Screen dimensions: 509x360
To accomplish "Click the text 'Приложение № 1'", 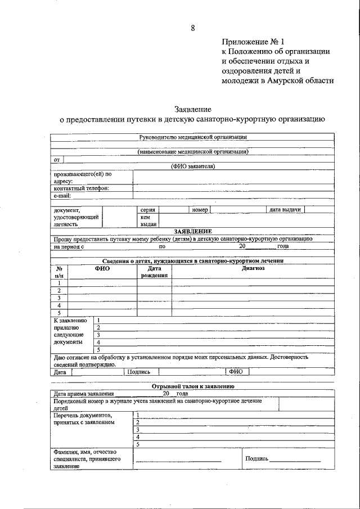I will point(254,41).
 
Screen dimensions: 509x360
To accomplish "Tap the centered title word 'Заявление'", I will point(192,109).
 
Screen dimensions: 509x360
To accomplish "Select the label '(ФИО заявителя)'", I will point(192,166).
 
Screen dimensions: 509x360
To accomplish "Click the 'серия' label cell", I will point(147,210).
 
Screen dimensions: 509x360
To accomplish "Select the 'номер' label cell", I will point(200,210).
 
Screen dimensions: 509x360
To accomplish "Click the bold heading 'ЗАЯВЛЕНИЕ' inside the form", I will point(192,232).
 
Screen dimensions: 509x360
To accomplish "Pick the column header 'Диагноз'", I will point(253,269).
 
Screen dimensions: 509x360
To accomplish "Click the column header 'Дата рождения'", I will point(154,272).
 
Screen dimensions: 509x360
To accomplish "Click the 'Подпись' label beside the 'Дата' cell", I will point(138,372).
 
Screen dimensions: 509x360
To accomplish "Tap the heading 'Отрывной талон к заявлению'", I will point(192,386).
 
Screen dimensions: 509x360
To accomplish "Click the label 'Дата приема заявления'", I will point(83,394).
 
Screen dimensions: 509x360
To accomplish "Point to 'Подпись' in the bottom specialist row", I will point(256,458).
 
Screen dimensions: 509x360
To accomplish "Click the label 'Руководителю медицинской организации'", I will point(192,137).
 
